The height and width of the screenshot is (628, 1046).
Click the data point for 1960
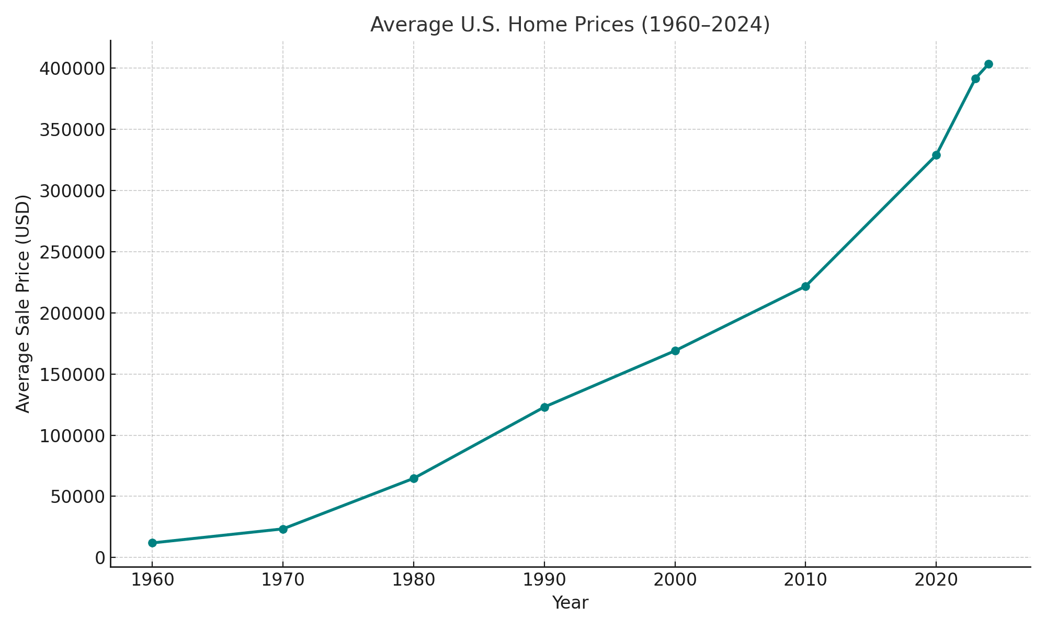coord(152,543)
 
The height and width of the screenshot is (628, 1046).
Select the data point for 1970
coord(283,529)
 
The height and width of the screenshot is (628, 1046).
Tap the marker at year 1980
coord(414,478)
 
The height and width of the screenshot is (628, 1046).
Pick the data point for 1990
coord(544,407)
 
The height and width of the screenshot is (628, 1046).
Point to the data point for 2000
coord(675,351)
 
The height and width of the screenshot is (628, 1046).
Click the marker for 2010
coord(805,286)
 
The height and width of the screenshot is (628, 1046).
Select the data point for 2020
coord(936,155)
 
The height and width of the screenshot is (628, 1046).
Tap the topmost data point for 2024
coord(988,64)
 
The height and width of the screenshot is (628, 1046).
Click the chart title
coord(570,25)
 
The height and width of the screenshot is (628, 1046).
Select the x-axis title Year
coord(570,603)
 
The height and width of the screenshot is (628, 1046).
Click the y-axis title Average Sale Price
coord(23,304)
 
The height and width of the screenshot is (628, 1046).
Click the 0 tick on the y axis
coord(99,558)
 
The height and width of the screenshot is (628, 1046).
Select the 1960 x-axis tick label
coord(152,580)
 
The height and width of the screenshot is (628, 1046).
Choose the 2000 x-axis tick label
coord(675,580)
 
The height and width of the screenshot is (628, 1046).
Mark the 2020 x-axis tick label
coord(936,580)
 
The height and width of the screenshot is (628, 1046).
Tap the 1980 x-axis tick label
coord(414,580)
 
